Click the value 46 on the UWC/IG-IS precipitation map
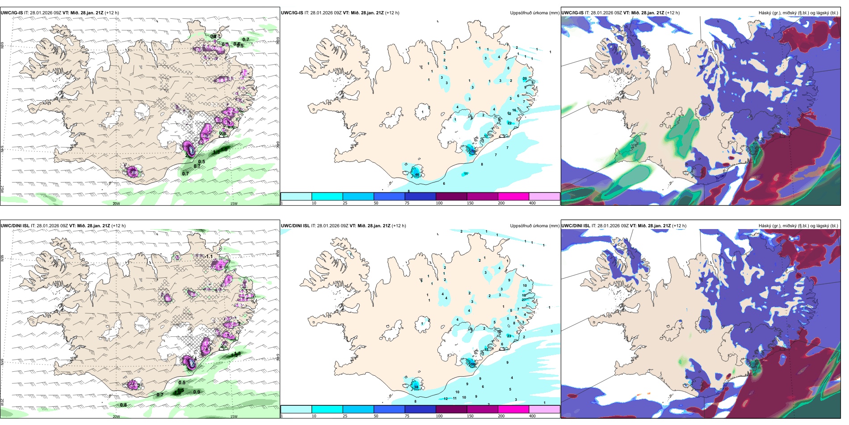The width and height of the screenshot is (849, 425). point(417,174)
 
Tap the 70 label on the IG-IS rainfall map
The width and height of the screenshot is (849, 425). point(473,151)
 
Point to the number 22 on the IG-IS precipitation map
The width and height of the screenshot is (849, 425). point(509,123)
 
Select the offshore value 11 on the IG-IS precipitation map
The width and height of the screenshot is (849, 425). point(466,174)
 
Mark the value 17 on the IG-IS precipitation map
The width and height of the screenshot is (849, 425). point(486,136)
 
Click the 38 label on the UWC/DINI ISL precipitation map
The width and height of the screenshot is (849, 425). point(416,387)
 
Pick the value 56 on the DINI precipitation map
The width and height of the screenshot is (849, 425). point(472,365)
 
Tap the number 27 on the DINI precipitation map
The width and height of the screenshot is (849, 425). point(524,300)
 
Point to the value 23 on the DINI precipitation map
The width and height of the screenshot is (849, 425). point(509,336)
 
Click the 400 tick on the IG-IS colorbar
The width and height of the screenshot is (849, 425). point(532,203)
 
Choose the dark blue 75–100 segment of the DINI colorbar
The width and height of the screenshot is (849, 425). point(420,409)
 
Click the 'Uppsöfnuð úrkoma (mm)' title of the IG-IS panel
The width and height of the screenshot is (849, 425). point(534,13)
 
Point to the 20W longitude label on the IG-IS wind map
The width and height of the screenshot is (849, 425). point(116,204)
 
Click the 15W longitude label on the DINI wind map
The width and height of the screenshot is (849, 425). point(233,416)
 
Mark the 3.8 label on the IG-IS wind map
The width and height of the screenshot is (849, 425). point(134,173)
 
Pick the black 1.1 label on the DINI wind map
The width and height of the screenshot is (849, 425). point(209,256)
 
